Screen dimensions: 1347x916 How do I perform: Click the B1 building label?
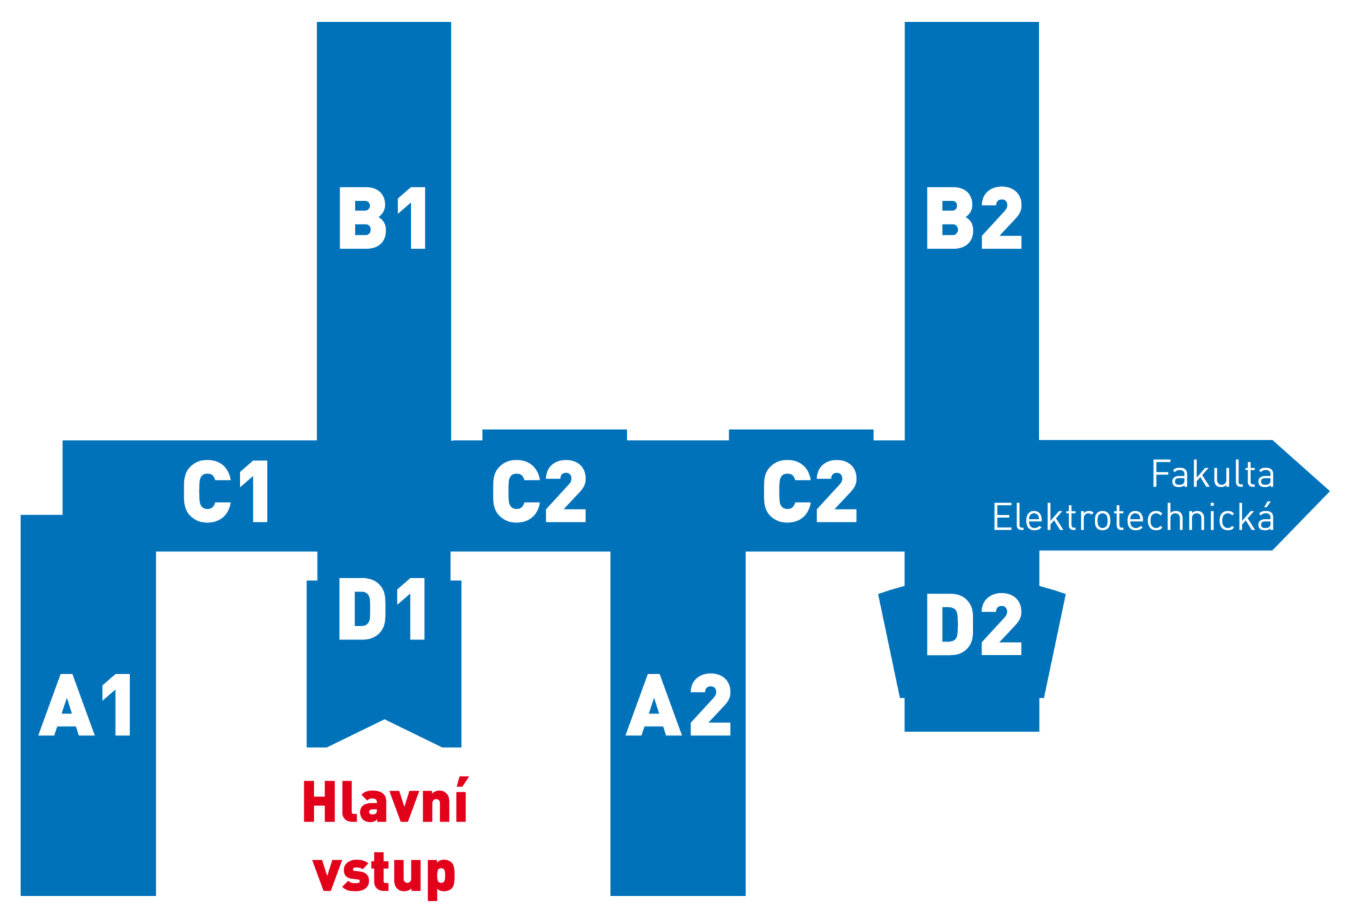click(383, 218)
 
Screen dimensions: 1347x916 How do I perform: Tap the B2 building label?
click(974, 218)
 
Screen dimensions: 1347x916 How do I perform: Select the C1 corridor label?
click(226, 491)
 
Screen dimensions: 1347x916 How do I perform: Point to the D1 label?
click(382, 609)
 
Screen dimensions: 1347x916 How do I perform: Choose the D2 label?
click(974, 624)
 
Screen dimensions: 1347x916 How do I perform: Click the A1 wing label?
click(85, 704)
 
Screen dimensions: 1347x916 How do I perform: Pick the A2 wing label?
click(678, 704)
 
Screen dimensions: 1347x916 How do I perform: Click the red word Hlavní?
click(385, 800)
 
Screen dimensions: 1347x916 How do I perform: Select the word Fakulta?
click(1213, 474)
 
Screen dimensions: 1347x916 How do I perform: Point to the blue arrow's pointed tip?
click(1329, 491)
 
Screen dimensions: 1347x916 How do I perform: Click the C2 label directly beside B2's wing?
click(810, 491)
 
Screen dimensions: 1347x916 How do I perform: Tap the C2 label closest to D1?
click(539, 491)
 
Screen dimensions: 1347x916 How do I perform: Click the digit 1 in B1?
click(412, 218)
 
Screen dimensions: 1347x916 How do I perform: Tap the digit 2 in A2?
click(710, 704)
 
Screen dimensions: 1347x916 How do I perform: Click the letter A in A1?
click(66, 705)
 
